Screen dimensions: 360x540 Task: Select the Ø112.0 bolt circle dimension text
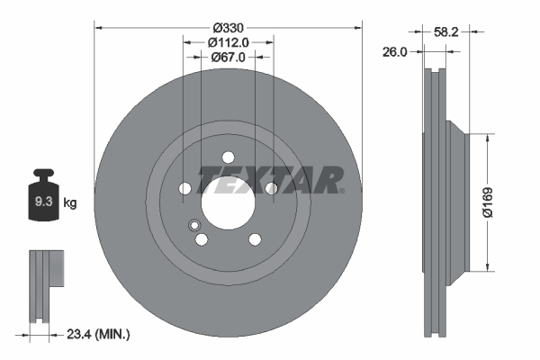coord(228,41)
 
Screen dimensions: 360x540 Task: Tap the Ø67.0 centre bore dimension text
coord(228,58)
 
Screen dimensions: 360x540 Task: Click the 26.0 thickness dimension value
coord(393,51)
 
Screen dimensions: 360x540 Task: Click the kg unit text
coord(70,203)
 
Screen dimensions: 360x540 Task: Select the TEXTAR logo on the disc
coord(270,180)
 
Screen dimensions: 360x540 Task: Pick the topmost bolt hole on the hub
coord(228,155)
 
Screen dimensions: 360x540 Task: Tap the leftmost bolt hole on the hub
coord(184,188)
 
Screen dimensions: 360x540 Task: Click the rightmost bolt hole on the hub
coord(271,188)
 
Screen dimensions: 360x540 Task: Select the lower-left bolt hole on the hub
coord(201,238)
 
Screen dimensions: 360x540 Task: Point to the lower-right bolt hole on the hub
coord(255,238)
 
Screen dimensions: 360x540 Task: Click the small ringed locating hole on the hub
coord(193,225)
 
